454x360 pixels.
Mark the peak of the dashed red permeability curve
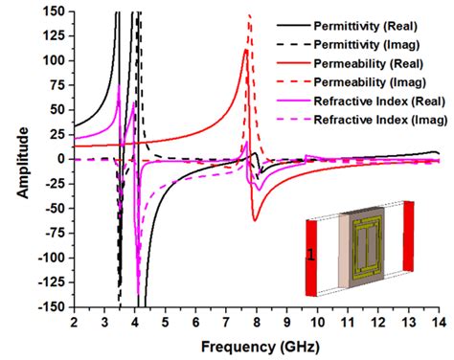point(249,15)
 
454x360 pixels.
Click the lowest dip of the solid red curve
point(255,220)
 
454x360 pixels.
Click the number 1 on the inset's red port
point(310,254)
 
